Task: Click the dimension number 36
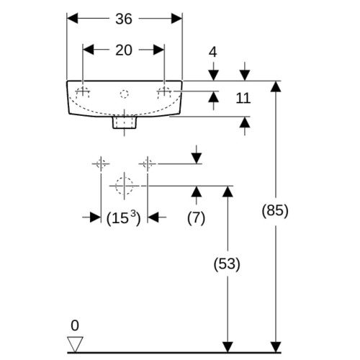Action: click(x=124, y=19)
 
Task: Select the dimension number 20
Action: click(x=124, y=50)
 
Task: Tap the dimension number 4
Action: click(x=213, y=52)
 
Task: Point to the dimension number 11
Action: click(x=243, y=98)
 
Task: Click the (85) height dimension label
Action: click(x=275, y=211)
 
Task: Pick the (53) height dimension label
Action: click(x=227, y=264)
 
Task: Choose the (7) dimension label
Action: click(x=196, y=218)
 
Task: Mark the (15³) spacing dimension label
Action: click(x=123, y=218)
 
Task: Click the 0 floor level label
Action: click(x=75, y=325)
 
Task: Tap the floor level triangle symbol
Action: click(x=75, y=344)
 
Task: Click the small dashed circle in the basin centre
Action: click(x=125, y=94)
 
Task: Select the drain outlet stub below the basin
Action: click(x=125, y=122)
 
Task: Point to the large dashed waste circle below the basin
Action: click(x=124, y=186)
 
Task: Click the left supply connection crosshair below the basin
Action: click(x=101, y=164)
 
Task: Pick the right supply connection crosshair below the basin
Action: click(x=148, y=164)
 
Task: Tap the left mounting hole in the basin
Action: click(x=83, y=93)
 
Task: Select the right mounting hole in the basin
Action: click(x=164, y=93)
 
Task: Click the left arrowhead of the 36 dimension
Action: click(x=72, y=19)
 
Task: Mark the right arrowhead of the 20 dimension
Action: click(x=159, y=50)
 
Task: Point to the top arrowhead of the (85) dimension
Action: click(x=276, y=86)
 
